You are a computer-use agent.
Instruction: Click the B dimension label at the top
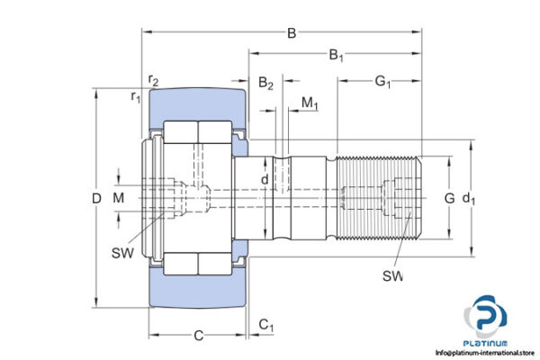tap(292, 33)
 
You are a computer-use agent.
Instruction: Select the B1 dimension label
tap(337, 57)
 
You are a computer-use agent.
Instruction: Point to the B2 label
tap(266, 84)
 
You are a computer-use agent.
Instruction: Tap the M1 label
tap(310, 104)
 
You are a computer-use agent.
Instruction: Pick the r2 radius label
tap(154, 82)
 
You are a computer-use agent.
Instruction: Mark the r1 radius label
tap(136, 96)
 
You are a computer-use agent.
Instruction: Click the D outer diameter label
tap(83, 197)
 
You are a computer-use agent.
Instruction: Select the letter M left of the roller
tap(118, 197)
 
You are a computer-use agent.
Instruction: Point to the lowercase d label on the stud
tap(264, 181)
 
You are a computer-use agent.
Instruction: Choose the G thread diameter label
tap(449, 197)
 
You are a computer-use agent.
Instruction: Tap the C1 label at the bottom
tap(266, 324)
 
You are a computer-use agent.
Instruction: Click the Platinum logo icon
tap(487, 316)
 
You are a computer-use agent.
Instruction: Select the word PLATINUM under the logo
tap(487, 343)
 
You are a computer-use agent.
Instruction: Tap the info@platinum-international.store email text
tap(485, 353)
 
